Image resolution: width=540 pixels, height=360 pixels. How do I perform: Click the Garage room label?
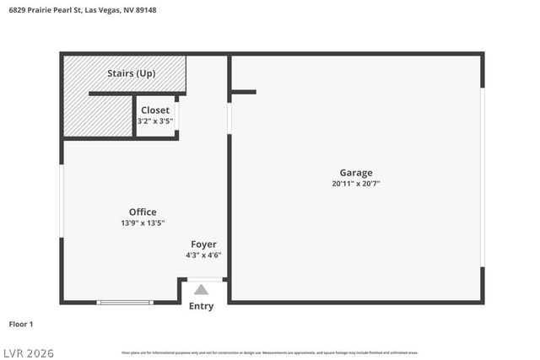pyautogui.click(x=355, y=173)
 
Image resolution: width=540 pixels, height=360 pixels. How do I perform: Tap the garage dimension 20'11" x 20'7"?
pyautogui.click(x=355, y=184)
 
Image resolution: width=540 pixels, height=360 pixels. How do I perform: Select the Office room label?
pyautogui.click(x=143, y=212)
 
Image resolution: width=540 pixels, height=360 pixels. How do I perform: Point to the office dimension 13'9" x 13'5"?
pyautogui.click(x=143, y=223)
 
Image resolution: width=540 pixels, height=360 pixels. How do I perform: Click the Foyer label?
pyautogui.click(x=203, y=244)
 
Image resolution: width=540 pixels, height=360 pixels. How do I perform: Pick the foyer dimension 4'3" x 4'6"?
pyautogui.click(x=203, y=255)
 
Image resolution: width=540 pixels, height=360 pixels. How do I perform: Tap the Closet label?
pyautogui.click(x=155, y=110)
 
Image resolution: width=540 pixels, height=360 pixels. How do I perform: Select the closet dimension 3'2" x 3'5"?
pyautogui.click(x=155, y=121)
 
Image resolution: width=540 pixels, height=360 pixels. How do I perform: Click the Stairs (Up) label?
pyautogui.click(x=131, y=73)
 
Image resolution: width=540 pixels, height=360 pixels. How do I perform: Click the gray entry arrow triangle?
pyautogui.click(x=201, y=289)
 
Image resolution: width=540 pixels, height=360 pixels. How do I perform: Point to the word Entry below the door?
pyautogui.click(x=201, y=306)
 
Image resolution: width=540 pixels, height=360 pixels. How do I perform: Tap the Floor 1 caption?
pyautogui.click(x=21, y=324)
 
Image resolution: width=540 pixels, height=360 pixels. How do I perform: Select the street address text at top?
pyautogui.click(x=82, y=10)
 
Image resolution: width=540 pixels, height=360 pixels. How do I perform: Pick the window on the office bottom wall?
pyautogui.click(x=125, y=302)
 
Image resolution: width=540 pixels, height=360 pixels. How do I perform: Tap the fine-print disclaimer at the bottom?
pyautogui.click(x=269, y=352)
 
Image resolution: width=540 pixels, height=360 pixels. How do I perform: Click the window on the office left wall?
pyautogui.click(x=62, y=211)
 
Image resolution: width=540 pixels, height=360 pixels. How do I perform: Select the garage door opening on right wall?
pyautogui.click(x=483, y=177)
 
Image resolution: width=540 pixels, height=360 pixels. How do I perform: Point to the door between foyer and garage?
pyautogui.click(x=229, y=117)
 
